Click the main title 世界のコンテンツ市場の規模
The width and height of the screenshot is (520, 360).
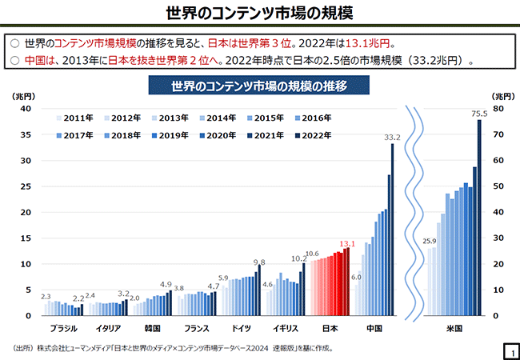click(x=259, y=14)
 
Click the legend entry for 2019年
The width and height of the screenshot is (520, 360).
click(x=174, y=135)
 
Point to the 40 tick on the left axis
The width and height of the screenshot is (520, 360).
click(x=26, y=109)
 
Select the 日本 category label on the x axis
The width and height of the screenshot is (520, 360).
click(x=330, y=329)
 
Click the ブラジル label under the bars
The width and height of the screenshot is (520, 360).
click(x=64, y=329)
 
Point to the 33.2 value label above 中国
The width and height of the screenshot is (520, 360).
click(x=392, y=138)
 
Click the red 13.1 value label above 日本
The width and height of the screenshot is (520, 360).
click(x=347, y=243)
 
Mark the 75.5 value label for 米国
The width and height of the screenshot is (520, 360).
click(x=479, y=114)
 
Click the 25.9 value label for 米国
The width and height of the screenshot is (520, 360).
click(x=429, y=241)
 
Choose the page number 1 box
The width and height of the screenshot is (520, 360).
click(x=508, y=350)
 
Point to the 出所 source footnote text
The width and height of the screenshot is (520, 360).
click(x=168, y=348)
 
